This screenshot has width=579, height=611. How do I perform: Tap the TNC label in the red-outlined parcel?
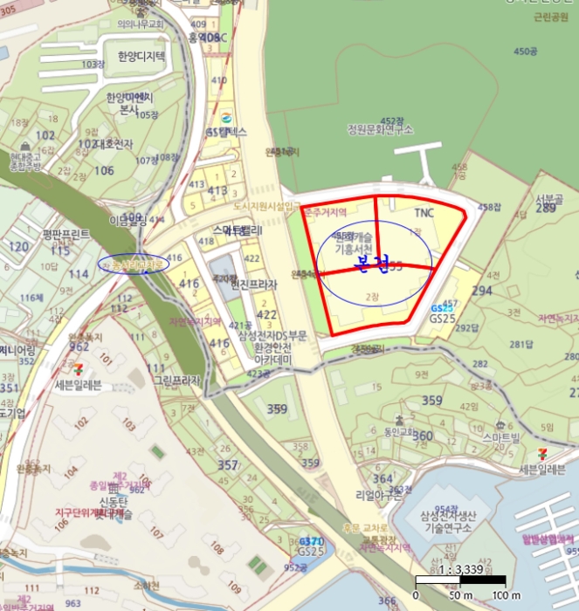point(424,213)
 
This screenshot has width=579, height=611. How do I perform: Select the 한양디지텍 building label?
point(147,57)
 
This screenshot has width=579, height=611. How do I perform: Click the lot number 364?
point(383,478)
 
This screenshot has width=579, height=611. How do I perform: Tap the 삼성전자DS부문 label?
point(274,335)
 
